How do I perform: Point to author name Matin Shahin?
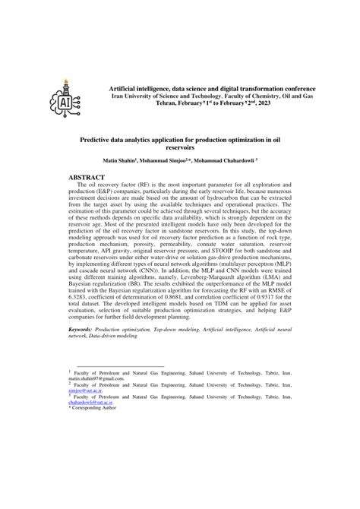click(x=120, y=161)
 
